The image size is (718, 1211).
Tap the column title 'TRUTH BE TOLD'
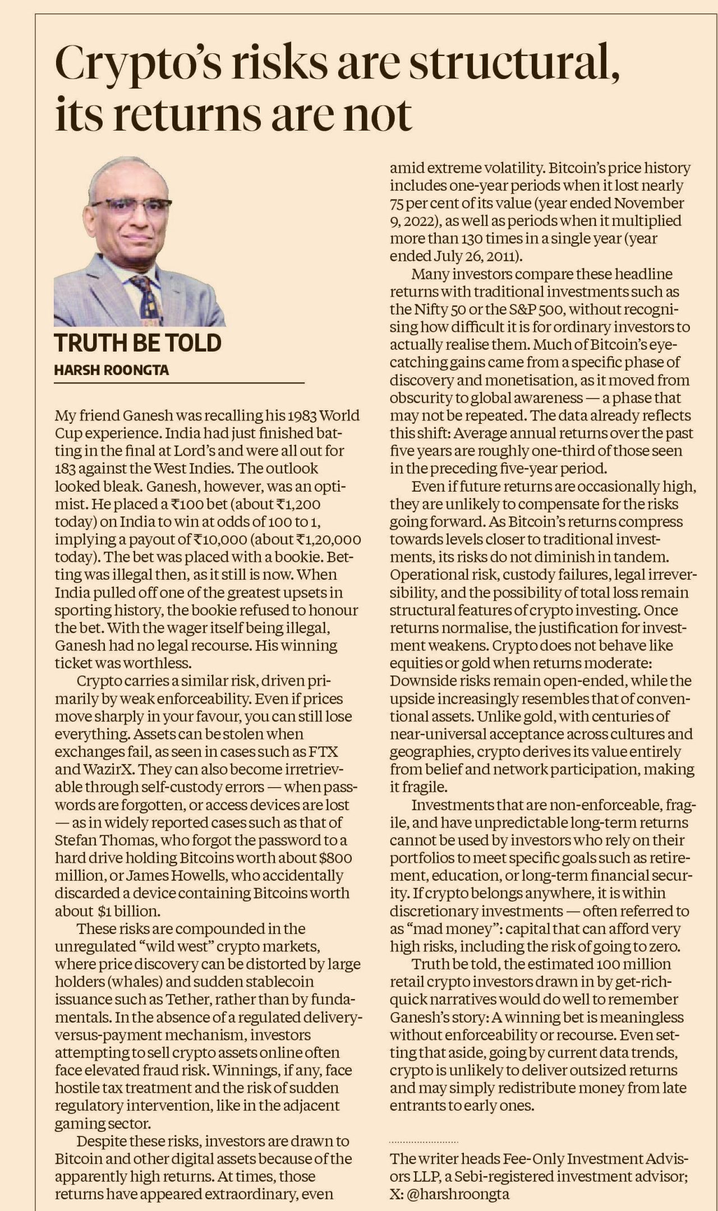(138, 343)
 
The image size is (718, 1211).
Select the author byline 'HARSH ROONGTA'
(112, 370)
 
